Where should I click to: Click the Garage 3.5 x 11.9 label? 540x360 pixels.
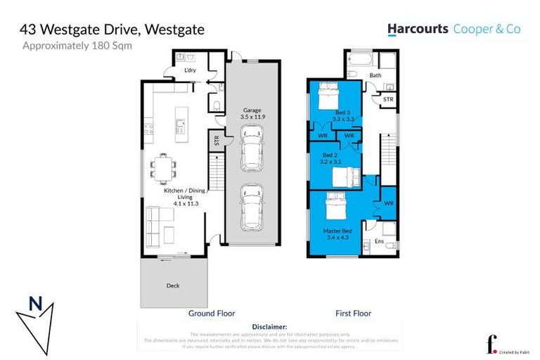coord(253,113)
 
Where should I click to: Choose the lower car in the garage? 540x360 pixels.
coord(252,208)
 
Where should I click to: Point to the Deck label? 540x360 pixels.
coord(174,286)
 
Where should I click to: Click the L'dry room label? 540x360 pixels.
coord(189,71)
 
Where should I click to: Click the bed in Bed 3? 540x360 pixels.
coord(331,96)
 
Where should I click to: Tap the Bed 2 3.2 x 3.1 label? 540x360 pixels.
coord(330,158)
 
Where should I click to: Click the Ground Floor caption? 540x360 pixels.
coord(211,314)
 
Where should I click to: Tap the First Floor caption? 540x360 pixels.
coord(352,314)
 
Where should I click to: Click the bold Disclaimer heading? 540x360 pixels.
coord(270,327)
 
